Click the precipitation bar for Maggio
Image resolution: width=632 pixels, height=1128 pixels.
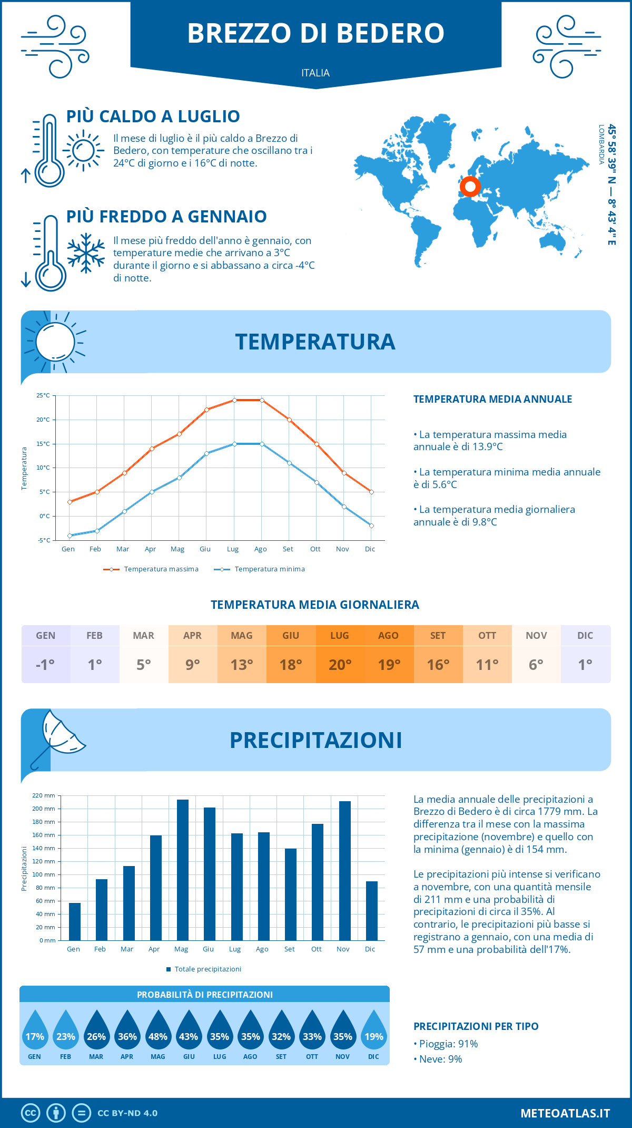pos(182,870)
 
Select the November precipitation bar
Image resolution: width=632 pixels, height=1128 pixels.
pos(345,871)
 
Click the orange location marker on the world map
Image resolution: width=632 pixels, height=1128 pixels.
pos(470,186)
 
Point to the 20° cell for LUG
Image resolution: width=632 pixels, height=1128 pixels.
pos(340,664)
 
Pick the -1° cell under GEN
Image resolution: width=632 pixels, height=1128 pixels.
pos(45,664)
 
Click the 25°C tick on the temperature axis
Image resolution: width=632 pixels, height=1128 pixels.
pos(43,395)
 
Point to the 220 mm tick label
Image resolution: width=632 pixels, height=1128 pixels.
pos(44,795)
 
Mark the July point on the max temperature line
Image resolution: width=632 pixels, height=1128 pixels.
pos(234,400)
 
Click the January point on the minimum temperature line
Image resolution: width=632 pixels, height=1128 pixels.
pos(70,536)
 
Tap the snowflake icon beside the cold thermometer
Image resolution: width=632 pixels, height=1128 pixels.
pos(86,253)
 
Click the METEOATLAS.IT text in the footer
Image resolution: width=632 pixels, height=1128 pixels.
pos(565,1113)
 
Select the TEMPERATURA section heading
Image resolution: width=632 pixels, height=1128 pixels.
pos(315,342)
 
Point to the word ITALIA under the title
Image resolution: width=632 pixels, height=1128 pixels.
pos(315,73)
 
